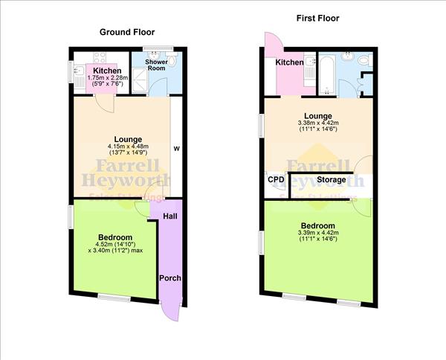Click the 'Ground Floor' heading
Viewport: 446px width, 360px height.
coord(126,32)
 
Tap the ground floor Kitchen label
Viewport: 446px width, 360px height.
coord(107,71)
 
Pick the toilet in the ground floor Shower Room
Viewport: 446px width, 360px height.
coord(171,61)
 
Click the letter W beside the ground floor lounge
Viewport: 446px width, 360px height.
coord(176,147)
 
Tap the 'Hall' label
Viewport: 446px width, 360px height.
coord(169,216)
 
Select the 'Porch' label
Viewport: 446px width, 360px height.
coord(170,278)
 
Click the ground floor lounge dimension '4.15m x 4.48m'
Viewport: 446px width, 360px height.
coord(123,146)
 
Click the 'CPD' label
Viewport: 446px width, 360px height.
coord(276,179)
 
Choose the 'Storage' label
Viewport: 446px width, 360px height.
coord(331,179)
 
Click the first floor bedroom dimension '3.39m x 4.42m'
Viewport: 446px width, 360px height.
coord(318,234)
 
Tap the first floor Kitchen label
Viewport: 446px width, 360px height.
coord(290,62)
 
